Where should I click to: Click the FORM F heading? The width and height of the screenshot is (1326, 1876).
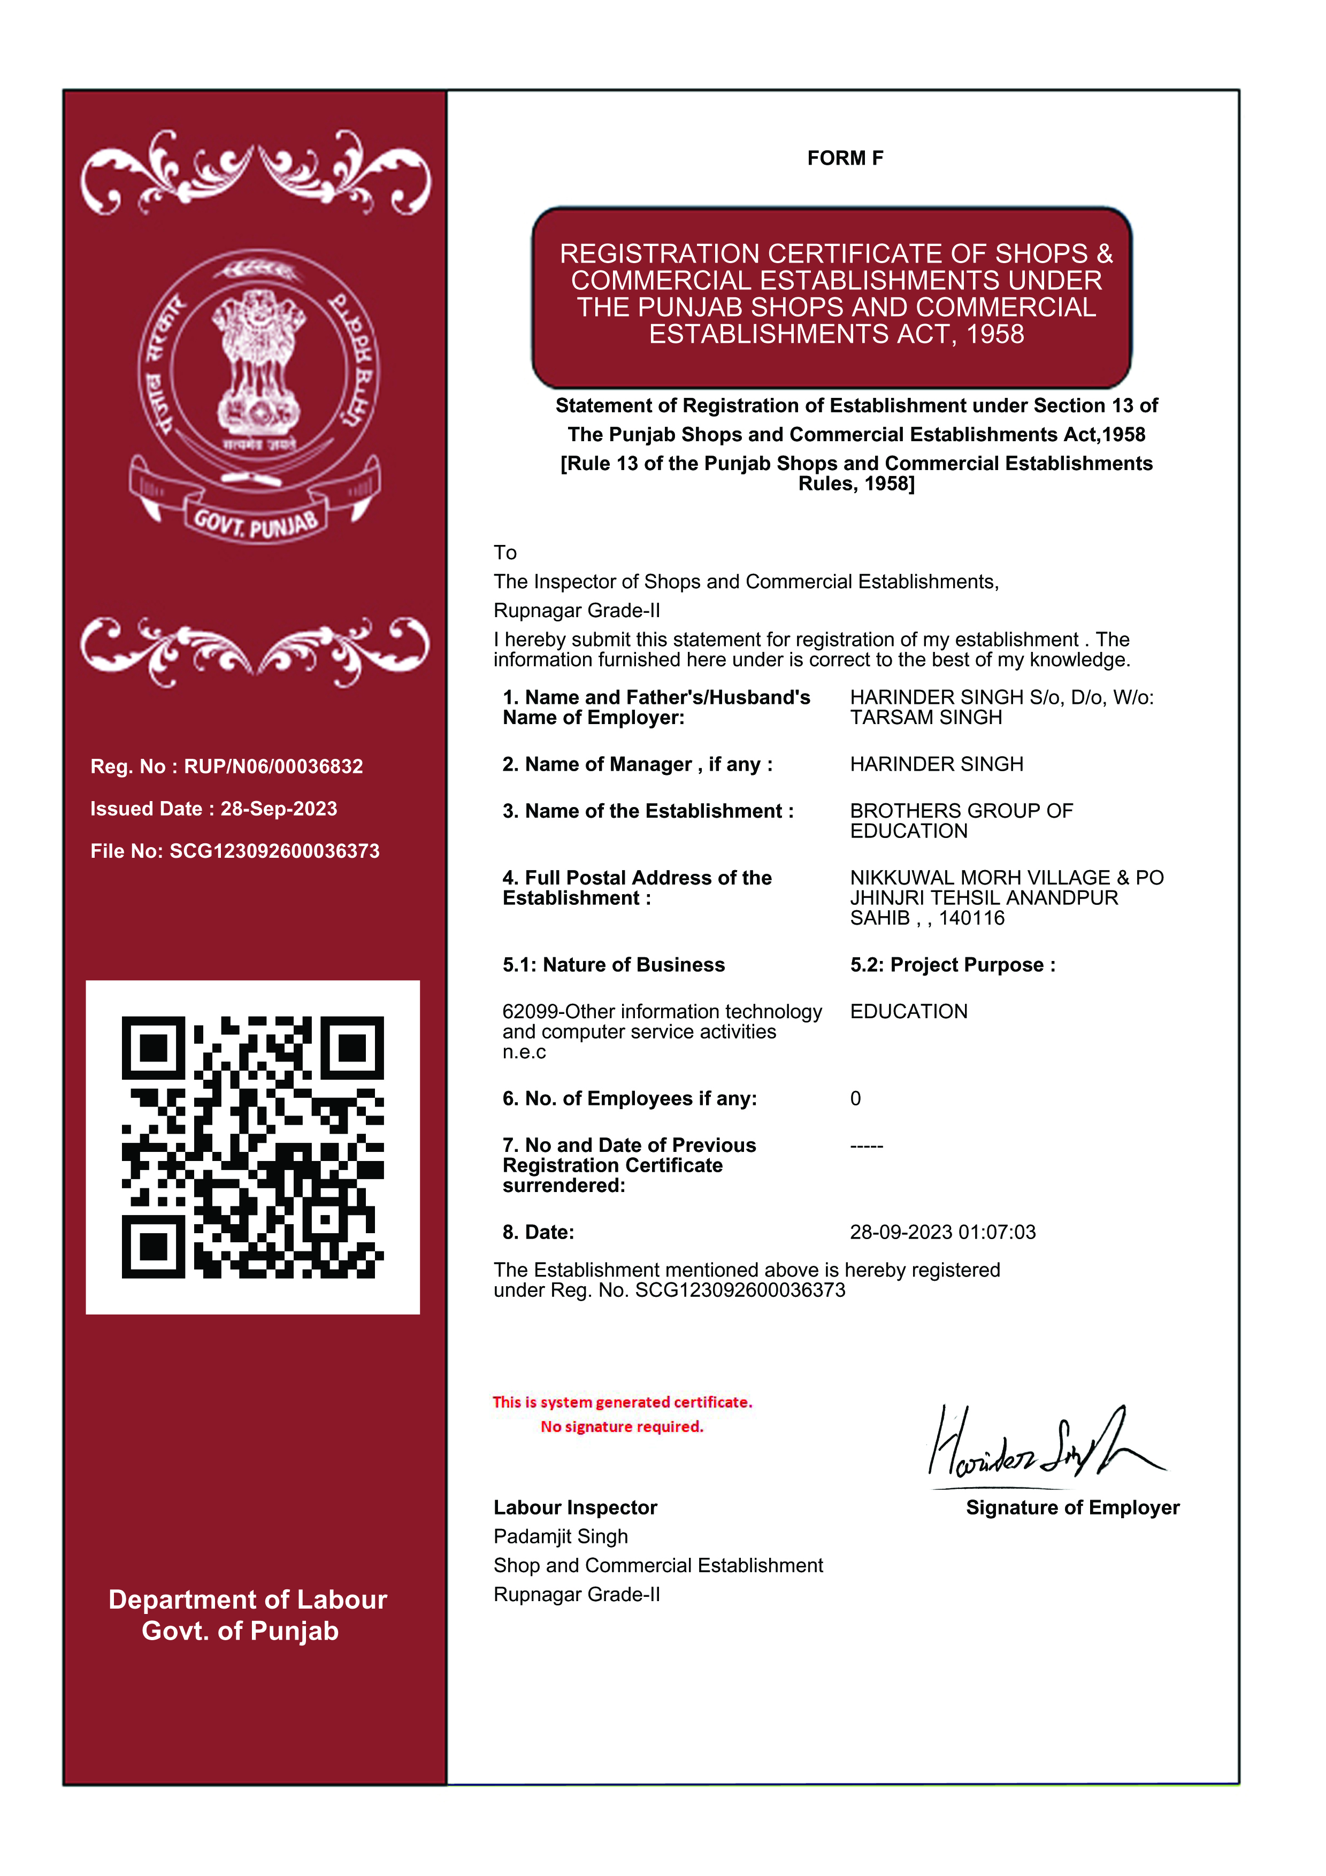845,158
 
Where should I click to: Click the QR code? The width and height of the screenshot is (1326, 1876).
252,1147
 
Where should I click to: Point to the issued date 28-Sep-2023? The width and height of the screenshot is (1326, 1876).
279,809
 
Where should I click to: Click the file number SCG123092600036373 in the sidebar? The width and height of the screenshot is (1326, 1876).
274,851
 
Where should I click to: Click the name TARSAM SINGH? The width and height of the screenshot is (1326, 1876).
926,717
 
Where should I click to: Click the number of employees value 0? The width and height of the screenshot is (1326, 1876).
855,1099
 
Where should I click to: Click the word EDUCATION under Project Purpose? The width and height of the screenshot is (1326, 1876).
908,1012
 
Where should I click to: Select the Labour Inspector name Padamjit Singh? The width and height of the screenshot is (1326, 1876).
561,1537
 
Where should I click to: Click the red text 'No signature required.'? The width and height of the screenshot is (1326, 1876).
622,1427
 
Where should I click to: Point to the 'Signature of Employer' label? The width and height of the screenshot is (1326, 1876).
1072,1508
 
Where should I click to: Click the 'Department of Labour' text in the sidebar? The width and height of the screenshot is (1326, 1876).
248,1600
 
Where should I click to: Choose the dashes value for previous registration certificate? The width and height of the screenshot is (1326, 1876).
866,1145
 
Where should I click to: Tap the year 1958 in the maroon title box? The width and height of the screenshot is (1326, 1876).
994,334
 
